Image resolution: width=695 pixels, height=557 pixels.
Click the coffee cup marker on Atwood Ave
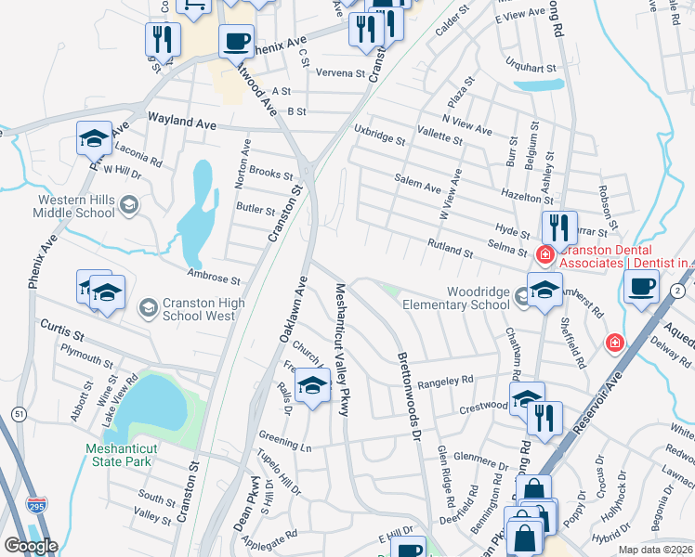237,42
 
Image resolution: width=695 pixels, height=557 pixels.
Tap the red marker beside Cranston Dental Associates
545,253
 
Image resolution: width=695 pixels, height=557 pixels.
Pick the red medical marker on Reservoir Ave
613,343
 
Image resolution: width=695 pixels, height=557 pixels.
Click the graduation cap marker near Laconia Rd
95,138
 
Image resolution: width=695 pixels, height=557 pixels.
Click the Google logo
31,546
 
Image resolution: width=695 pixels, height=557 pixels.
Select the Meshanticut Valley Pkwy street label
340,349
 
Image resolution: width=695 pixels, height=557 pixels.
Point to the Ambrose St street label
214,277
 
